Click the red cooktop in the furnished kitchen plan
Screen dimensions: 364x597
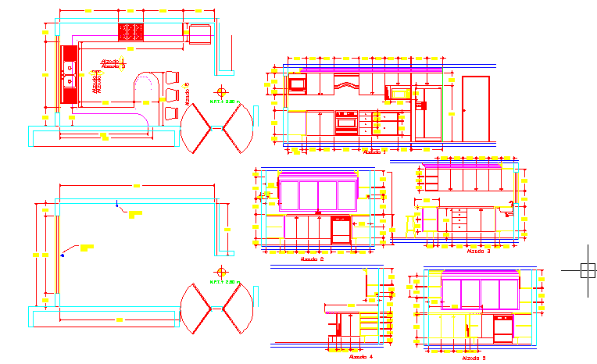(133, 32)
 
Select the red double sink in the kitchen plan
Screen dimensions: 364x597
(70, 74)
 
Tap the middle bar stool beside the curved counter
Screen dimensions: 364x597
(172, 95)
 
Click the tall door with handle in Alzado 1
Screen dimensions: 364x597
(475, 109)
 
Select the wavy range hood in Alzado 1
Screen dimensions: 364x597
(345, 81)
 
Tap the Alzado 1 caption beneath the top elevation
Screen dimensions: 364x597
(374, 152)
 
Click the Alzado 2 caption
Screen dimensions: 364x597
(312, 259)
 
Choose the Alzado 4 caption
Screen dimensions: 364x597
(361, 356)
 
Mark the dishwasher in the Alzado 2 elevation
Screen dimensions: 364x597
(341, 230)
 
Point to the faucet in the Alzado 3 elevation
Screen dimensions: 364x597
(509, 207)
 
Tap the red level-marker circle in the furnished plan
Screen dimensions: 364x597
(223, 91)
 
